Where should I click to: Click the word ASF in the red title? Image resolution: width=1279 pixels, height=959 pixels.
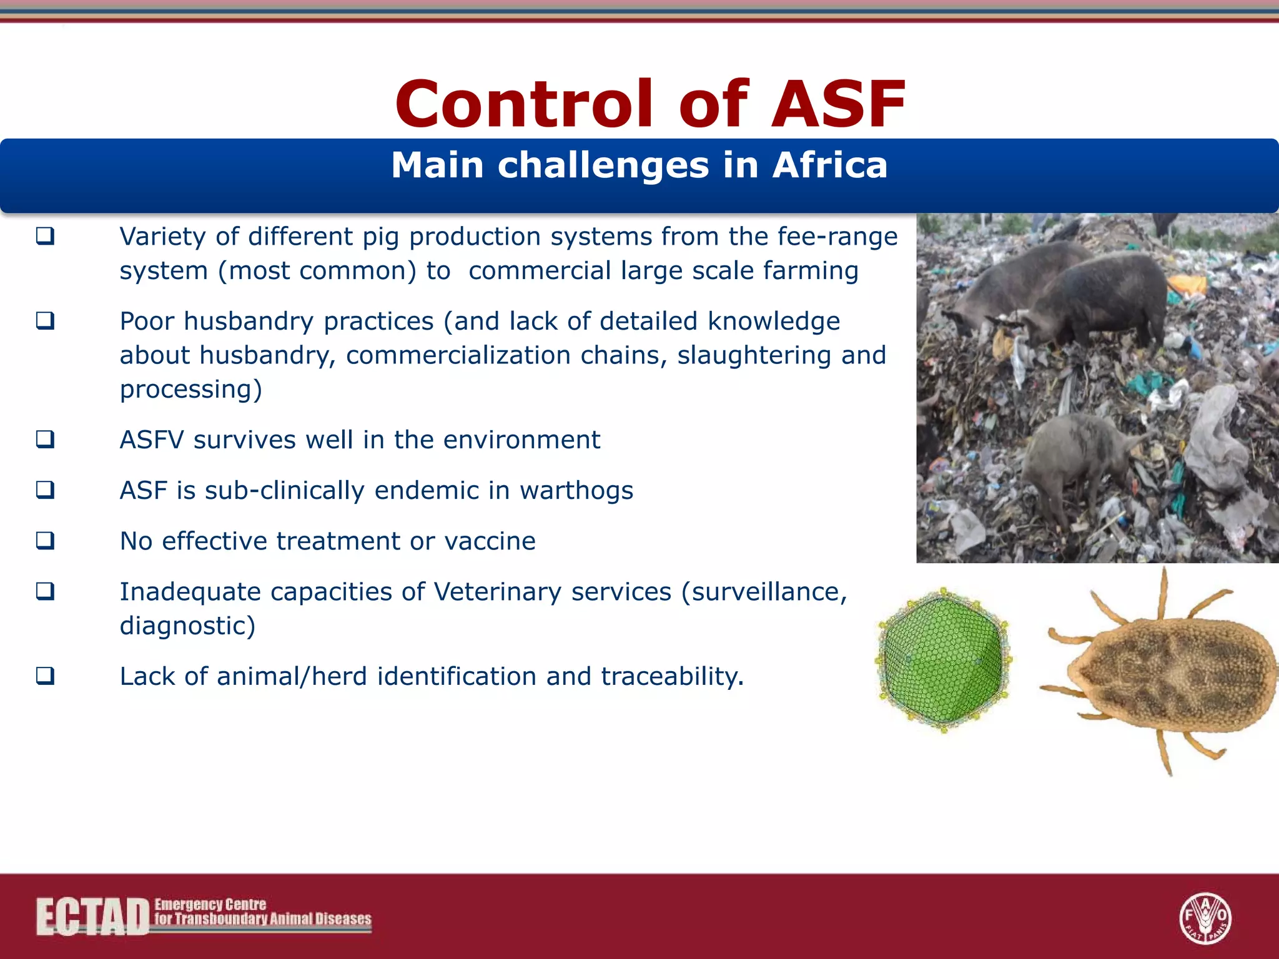pos(838,104)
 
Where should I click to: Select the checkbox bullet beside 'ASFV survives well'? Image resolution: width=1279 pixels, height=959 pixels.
pos(45,440)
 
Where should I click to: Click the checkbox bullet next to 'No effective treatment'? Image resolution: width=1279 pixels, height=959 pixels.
pos(45,541)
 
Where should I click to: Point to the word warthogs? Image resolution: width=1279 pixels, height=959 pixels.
pos(576,491)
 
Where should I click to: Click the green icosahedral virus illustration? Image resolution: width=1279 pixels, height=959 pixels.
pos(944,660)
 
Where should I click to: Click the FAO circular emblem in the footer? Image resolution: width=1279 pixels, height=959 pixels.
pos(1205,918)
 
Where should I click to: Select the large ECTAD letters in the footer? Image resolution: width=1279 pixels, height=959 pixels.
pos(92,917)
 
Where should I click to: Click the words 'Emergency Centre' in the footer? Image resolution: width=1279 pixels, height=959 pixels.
pos(210,904)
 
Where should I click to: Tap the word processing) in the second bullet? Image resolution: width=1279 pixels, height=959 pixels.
pos(190,390)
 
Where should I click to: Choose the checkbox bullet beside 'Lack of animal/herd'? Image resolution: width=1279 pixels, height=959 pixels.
pos(45,676)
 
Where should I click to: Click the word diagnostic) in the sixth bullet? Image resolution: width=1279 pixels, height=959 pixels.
pos(187,626)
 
